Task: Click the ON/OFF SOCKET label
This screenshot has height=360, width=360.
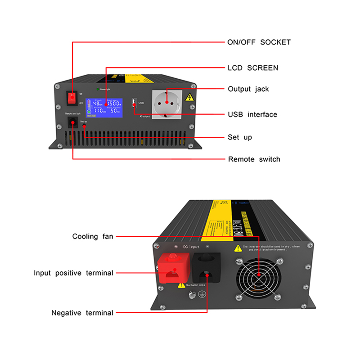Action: [x=259, y=42]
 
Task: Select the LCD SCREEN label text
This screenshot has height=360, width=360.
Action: [x=253, y=68]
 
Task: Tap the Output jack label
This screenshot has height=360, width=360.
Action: [x=248, y=89]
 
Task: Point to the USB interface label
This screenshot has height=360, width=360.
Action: [x=252, y=114]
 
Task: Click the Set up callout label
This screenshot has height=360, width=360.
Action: [x=240, y=137]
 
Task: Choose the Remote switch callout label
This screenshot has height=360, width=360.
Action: [x=254, y=159]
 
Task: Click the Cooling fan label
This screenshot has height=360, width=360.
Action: [x=93, y=236]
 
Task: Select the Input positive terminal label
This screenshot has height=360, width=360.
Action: [x=73, y=273]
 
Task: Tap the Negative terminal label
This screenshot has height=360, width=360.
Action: [x=82, y=312]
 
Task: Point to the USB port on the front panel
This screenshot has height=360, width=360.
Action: [x=134, y=103]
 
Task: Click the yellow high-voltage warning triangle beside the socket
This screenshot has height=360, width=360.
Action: [x=190, y=97]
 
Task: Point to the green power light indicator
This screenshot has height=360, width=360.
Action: [x=97, y=89]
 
